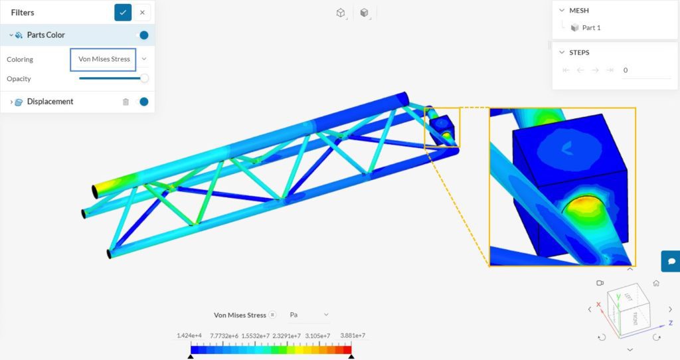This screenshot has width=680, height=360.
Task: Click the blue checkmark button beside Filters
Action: coord(123,12)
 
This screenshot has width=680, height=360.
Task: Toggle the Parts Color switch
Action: coord(142,35)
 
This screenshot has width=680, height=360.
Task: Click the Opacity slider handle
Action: coord(144,78)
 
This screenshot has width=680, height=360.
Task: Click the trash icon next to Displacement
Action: coord(126,102)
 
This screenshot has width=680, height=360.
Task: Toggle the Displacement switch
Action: coord(142,102)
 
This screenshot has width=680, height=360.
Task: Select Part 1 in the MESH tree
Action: coord(591,28)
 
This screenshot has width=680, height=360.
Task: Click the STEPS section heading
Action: coord(578,52)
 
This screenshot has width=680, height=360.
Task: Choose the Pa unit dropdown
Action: coord(309,315)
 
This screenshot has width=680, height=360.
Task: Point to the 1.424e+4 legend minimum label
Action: coord(190,336)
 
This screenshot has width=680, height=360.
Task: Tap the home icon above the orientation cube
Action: coord(656,283)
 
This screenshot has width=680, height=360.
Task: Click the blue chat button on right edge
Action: coord(671,261)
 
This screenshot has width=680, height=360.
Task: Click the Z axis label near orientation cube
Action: coord(671,323)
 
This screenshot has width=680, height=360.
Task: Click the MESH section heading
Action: coord(578,11)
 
